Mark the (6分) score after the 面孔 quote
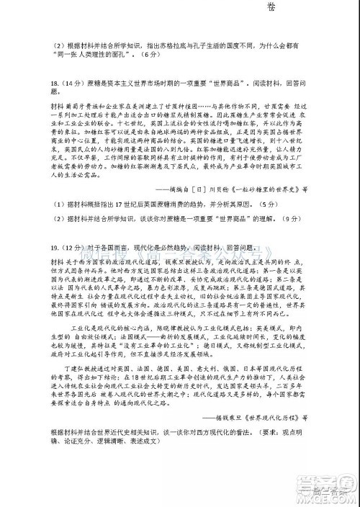(148, 54)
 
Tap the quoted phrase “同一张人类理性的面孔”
(96, 54)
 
